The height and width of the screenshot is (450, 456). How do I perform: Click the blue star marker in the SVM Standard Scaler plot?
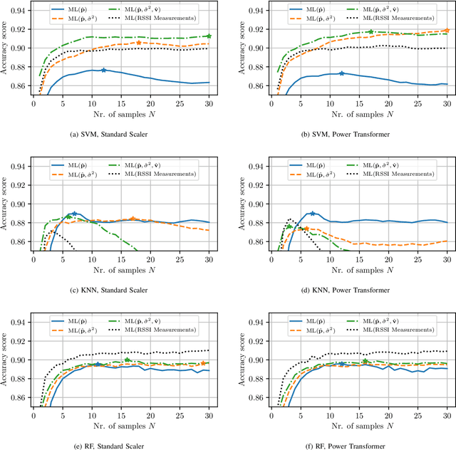pos(103,70)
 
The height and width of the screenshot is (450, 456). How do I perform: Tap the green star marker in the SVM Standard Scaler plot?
pos(209,36)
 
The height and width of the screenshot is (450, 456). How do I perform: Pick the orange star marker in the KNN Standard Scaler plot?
pos(133,219)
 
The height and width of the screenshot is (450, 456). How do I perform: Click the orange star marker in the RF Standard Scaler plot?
pos(203,363)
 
